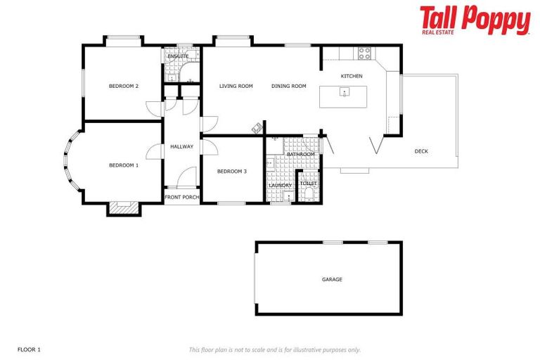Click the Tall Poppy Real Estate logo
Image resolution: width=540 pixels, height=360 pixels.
(475, 20)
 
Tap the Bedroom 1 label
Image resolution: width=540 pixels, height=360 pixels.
(123, 165)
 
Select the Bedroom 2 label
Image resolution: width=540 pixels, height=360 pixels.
(123, 86)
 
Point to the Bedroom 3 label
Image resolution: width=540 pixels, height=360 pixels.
(231, 172)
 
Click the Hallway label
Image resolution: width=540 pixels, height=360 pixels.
(181, 146)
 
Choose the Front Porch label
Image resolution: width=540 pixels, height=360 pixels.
(181, 197)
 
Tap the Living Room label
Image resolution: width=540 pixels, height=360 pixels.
(236, 86)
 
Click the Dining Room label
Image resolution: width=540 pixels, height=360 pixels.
(289, 86)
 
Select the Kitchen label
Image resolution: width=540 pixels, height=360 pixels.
(352, 76)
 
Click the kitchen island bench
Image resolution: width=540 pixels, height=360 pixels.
(344, 96)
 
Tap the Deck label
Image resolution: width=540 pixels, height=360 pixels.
(421, 151)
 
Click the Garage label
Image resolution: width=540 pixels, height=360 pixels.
(332, 280)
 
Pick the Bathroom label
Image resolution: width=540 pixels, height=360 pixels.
(300, 154)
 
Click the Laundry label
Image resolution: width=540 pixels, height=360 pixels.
(280, 186)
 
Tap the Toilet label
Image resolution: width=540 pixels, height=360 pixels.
(309, 184)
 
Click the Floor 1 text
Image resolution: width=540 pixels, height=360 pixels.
(30, 349)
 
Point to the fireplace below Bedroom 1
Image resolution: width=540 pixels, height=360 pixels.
(124, 207)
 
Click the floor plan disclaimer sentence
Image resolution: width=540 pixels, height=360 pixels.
(274, 349)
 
